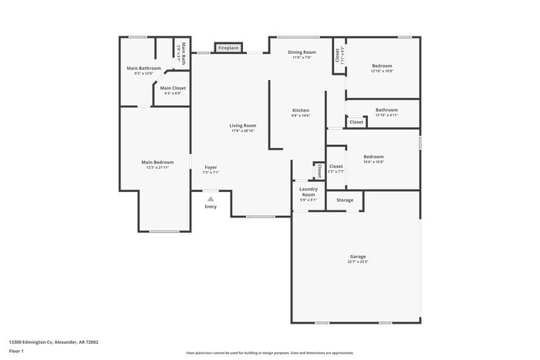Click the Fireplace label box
(228, 48)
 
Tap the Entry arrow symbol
(210, 198)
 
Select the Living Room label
(242, 126)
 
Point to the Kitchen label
(300, 110)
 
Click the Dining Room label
(302, 52)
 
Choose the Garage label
(358, 256)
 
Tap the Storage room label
(345, 200)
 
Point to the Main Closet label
(173, 88)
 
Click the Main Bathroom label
(144, 68)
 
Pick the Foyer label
(211, 167)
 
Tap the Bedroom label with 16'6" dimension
(373, 156)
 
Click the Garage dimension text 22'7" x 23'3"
(358, 262)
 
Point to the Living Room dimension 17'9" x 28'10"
(242, 131)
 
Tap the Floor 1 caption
(17, 351)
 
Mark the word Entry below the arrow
(211, 207)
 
